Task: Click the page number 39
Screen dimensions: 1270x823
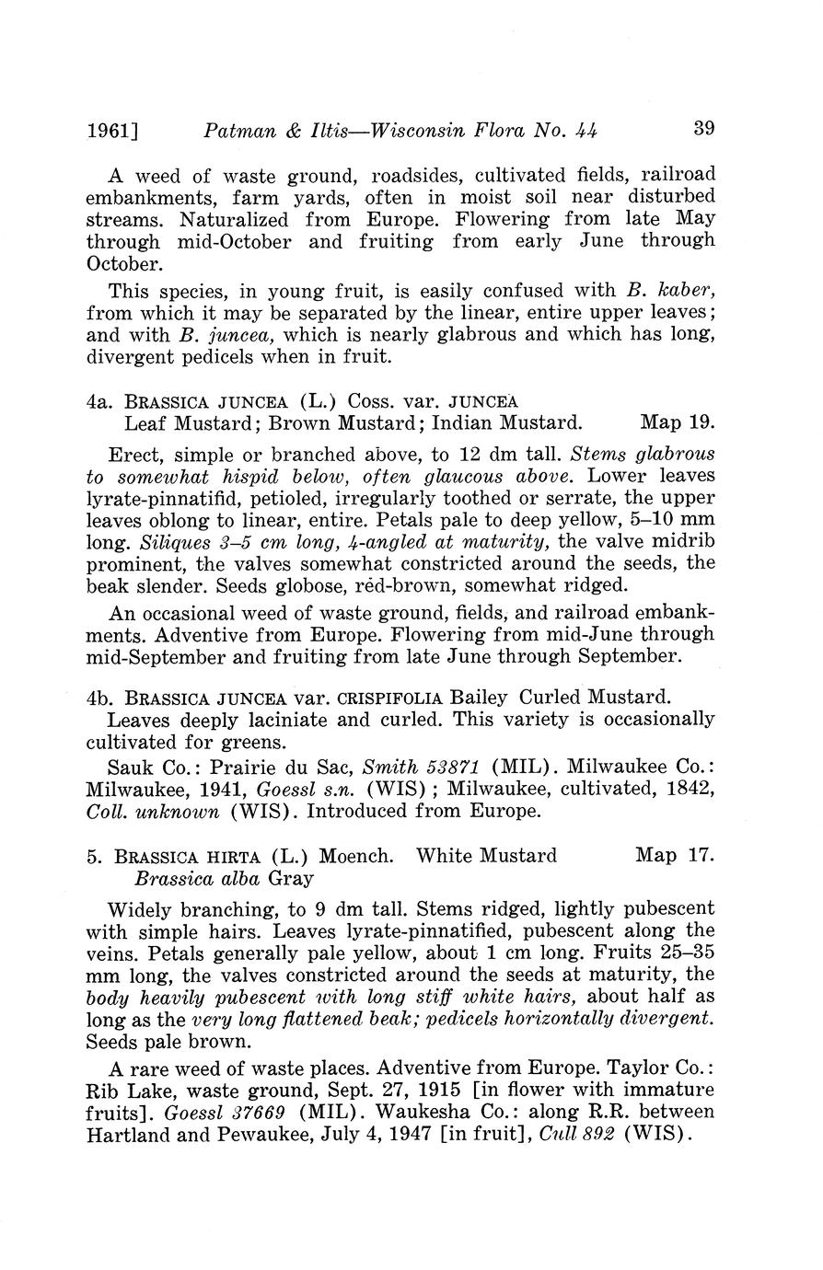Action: click(x=703, y=128)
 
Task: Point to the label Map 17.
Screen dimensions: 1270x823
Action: click(x=675, y=855)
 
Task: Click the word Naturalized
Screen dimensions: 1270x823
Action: click(x=235, y=220)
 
